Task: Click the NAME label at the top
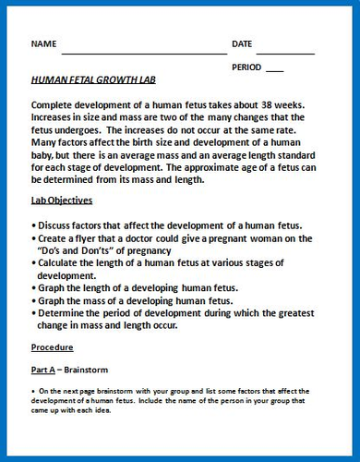tap(44, 44)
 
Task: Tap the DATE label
tap(242, 44)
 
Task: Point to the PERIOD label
tap(246, 67)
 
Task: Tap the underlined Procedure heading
tap(53, 348)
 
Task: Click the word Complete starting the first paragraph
tap(57, 103)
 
